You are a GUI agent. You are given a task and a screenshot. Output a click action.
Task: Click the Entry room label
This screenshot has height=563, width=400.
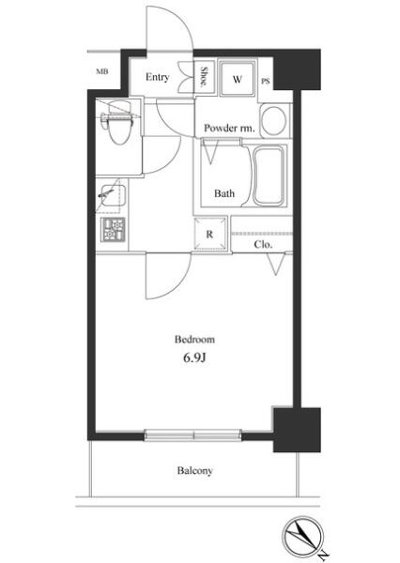(157, 77)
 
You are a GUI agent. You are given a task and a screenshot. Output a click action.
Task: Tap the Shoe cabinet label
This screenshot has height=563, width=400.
(204, 77)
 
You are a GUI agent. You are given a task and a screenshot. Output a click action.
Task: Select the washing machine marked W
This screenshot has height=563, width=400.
(238, 79)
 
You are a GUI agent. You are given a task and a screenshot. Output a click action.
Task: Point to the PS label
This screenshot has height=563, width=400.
(265, 82)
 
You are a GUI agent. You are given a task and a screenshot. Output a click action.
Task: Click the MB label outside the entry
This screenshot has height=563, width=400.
(102, 71)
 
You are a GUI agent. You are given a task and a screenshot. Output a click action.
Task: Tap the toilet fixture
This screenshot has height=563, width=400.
(117, 121)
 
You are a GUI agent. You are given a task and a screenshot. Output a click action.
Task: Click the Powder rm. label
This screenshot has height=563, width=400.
(229, 129)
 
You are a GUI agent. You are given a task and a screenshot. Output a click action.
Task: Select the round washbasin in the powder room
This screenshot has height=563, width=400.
(274, 120)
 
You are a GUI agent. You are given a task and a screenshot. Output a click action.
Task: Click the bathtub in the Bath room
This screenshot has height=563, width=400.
(269, 175)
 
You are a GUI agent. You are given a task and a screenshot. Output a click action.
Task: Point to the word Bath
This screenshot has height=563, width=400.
(224, 193)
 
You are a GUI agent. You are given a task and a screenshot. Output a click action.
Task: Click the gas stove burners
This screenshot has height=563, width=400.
(114, 230)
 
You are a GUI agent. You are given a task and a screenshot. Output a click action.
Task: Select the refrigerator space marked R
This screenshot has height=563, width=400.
(210, 234)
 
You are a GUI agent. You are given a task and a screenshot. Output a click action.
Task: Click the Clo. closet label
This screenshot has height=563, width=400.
(263, 245)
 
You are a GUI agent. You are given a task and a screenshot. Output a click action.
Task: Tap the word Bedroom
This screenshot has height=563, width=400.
(194, 340)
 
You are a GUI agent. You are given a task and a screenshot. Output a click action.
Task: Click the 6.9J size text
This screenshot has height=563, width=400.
(194, 358)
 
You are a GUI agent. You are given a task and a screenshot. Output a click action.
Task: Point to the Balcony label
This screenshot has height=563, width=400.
(194, 470)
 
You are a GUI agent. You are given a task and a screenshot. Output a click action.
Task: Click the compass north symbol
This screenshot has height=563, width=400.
(301, 534)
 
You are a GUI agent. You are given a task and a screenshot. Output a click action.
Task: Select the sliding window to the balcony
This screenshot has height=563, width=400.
(193, 435)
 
